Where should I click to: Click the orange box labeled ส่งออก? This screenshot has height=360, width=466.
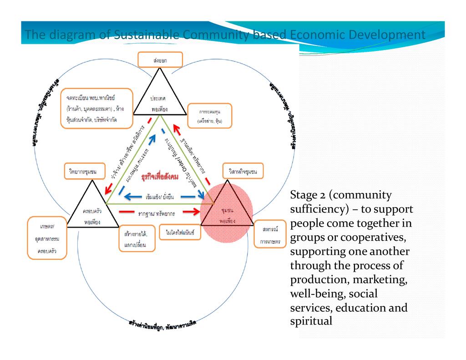(x=160, y=60)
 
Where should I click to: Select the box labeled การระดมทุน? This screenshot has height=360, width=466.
(x=209, y=116)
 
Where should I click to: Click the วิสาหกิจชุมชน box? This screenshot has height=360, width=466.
(x=243, y=172)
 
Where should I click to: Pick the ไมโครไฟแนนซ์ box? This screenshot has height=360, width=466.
(x=180, y=232)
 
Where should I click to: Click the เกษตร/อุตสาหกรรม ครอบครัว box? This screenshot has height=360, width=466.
(x=47, y=238)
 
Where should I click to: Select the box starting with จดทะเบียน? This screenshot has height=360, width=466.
(x=96, y=107)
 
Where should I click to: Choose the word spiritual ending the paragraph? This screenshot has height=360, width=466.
(x=311, y=321)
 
